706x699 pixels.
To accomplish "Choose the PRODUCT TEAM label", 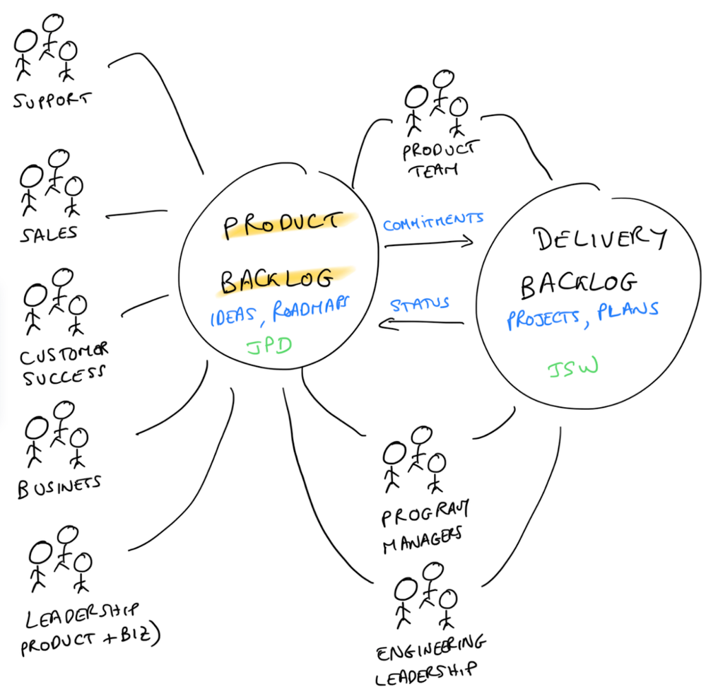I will pos(438,158).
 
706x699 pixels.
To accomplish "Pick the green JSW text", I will pos(572,368).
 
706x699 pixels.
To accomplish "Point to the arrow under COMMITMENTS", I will pos(428,243).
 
